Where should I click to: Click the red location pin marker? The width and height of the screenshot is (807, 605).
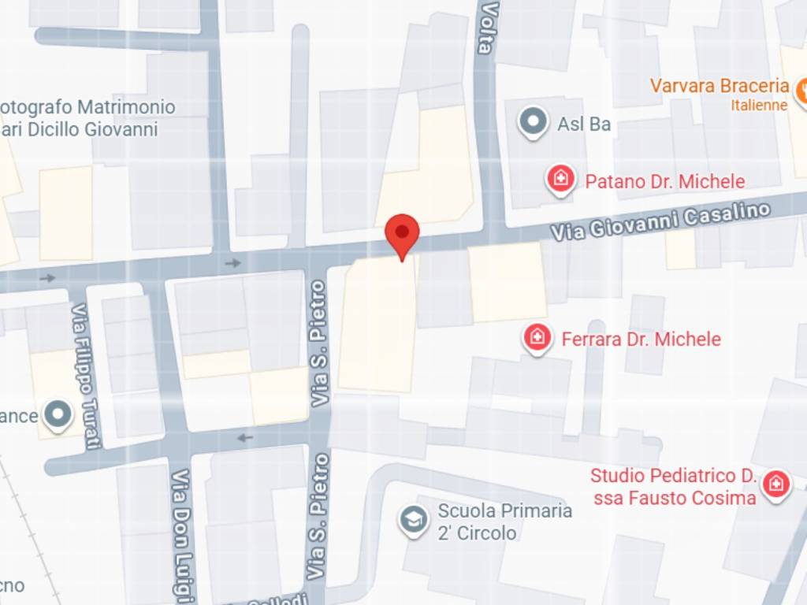tap(402, 233)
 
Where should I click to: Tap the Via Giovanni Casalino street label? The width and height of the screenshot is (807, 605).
tap(660, 222)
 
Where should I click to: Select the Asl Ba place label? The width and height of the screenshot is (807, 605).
tap(584, 124)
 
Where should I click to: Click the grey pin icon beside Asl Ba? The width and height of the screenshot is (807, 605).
tap(534, 122)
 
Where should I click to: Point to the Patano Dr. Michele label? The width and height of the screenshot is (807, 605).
tap(664, 182)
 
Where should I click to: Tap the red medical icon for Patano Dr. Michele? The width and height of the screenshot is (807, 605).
tap(560, 180)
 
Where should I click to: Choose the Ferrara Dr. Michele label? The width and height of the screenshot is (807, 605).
tap(641, 340)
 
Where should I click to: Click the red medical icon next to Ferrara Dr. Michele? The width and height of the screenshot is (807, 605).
tap(537, 339)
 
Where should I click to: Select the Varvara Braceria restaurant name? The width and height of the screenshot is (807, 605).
tap(720, 86)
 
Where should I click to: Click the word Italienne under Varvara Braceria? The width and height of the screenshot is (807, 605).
tap(759, 105)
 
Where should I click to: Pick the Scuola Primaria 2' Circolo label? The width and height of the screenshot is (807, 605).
tap(504, 521)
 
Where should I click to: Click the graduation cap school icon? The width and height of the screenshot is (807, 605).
tap(413, 520)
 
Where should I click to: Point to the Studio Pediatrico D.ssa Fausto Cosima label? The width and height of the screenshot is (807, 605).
tap(673, 487)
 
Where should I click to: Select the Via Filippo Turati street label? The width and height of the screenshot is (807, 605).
tap(86, 377)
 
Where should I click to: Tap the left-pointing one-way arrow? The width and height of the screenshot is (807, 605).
tap(245, 438)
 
